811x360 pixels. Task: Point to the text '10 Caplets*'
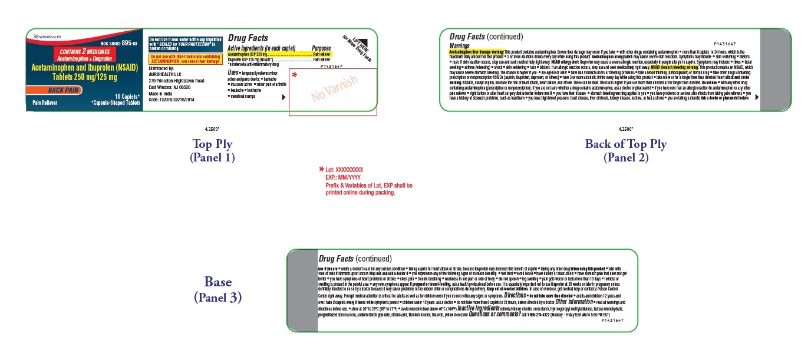pos(124,95)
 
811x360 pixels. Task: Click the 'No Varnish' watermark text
pos(334,90)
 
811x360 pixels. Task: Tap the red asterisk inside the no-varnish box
pos(295,76)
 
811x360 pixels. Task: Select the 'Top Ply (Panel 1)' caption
pos(212,150)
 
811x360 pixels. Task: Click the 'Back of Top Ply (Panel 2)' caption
pos(625,150)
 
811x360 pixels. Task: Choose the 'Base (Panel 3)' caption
pos(217,289)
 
